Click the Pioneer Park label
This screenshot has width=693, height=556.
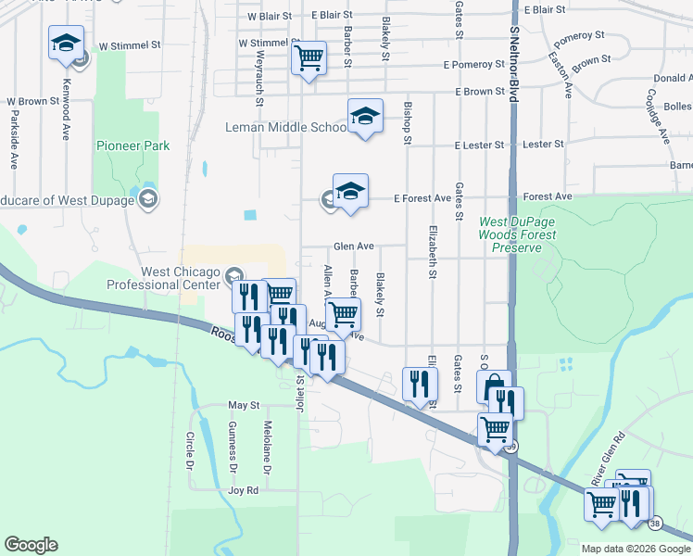pyautogui.click(x=132, y=145)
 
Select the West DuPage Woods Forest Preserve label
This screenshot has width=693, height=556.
pyautogui.click(x=517, y=235)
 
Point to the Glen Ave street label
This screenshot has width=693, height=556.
pyautogui.click(x=354, y=246)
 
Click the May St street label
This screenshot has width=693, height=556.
pyautogui.click(x=244, y=406)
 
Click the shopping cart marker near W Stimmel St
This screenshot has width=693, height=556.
pyautogui.click(x=309, y=58)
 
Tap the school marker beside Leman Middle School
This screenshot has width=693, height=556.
pyautogui.click(x=365, y=117)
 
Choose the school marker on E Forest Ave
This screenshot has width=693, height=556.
pyautogui.click(x=350, y=191)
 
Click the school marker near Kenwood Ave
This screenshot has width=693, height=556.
pyautogui.click(x=67, y=43)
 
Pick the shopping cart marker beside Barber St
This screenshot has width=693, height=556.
pyautogui.click(x=344, y=315)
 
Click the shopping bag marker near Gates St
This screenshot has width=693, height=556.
pyautogui.click(x=494, y=385)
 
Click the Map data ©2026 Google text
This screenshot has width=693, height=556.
pyautogui.click(x=636, y=549)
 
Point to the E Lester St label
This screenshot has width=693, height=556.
pyautogui.click(x=478, y=145)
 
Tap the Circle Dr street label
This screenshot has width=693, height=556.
pyautogui.click(x=189, y=449)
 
